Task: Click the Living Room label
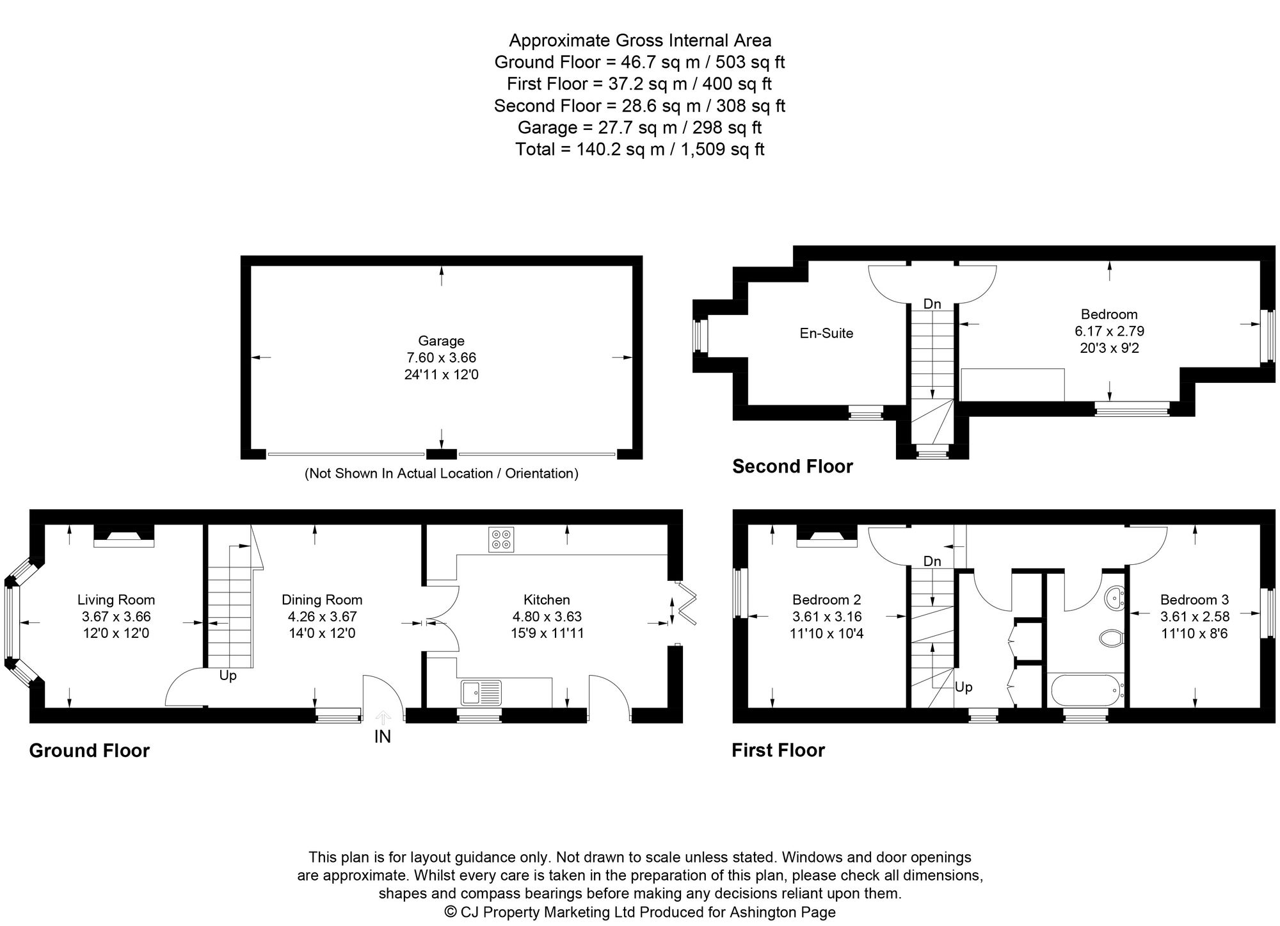pos(116,600)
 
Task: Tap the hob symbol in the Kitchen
pos(500,539)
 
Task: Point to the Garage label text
pos(441,341)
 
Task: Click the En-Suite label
pos(826,333)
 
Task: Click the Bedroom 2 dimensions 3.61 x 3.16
pos(826,617)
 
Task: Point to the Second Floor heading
pos(792,466)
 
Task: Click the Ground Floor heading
pos(89,751)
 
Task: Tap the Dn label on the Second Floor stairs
pos(932,304)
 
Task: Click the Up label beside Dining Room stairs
pos(228,676)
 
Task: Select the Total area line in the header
pos(639,149)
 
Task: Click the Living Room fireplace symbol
pos(124,535)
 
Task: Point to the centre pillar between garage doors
pos(441,454)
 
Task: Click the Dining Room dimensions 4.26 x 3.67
pos(322,617)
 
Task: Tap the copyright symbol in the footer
pos(451,911)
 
